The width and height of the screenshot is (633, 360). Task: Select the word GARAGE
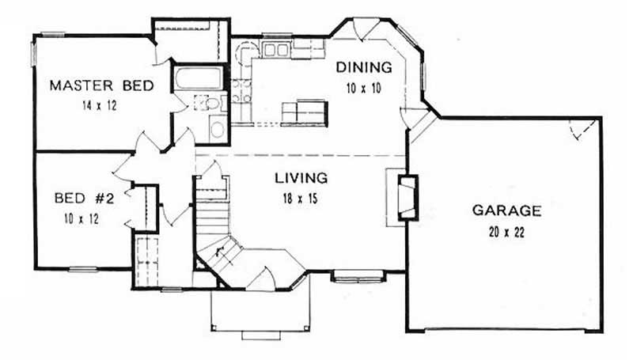click(x=506, y=210)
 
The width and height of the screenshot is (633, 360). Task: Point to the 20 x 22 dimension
click(x=506, y=233)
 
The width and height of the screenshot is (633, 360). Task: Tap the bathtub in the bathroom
click(x=198, y=80)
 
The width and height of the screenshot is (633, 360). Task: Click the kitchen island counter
click(x=305, y=111)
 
